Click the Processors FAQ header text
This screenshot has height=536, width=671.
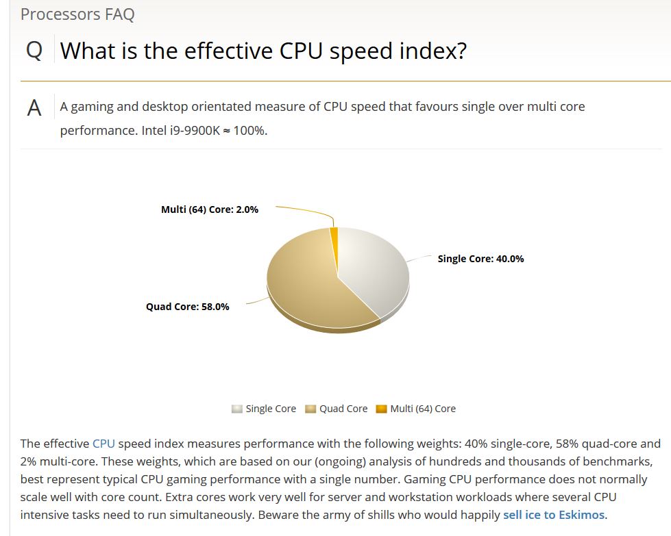77,14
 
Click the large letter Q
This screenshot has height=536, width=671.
34,51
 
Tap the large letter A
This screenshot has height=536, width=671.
34,109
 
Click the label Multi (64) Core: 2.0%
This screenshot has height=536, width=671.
209,209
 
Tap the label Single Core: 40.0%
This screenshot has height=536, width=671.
480,259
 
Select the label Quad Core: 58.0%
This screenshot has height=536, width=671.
187,307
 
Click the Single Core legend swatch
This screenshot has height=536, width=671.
237,409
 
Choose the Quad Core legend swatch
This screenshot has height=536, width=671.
310,409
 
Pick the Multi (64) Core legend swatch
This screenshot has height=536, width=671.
382,409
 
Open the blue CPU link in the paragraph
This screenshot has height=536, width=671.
103,444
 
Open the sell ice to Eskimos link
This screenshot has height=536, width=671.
554,515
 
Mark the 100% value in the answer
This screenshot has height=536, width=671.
249,130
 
